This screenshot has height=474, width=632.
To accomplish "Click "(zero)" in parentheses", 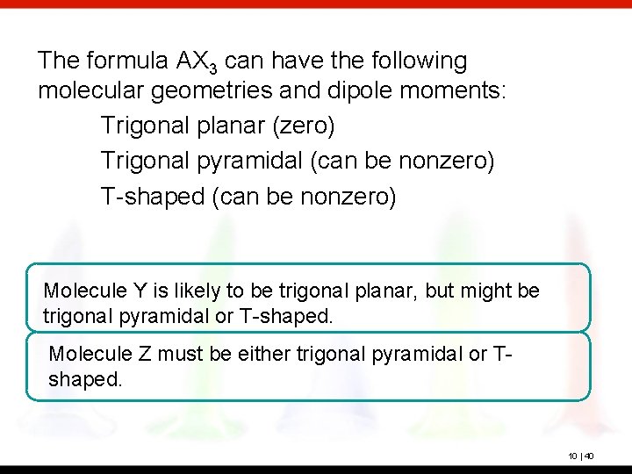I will (303, 126).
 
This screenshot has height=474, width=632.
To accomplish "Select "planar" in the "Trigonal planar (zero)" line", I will (232, 126).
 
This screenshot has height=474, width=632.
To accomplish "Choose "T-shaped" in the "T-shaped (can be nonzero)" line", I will (153, 197).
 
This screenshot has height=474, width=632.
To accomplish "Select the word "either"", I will (255, 355).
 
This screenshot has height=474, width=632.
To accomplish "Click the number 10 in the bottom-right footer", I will (573, 456).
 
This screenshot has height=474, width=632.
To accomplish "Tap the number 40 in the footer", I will (590, 456).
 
